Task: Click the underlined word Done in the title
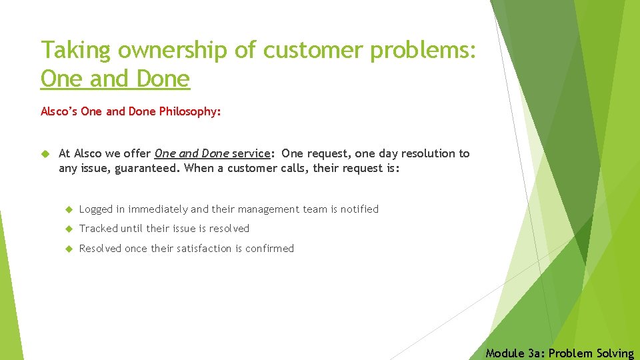[163, 79]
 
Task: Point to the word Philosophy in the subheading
[189, 111]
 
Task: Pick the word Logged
[96, 209]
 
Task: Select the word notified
[359, 209]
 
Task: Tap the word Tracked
[98, 229]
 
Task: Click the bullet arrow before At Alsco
[45, 154]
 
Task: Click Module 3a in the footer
[513, 353]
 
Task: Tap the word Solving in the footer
[614, 353]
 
